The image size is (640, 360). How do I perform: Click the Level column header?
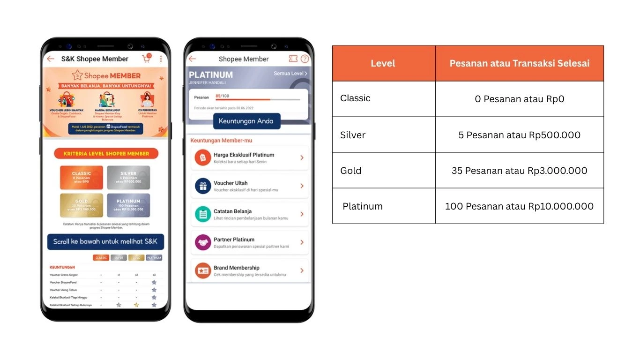coord(383,63)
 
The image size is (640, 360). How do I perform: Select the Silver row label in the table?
coord(353,135)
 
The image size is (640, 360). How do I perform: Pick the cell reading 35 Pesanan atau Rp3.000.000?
coord(519,171)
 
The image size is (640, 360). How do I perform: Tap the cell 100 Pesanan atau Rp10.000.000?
coord(519,206)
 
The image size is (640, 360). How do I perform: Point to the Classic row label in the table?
coord(355,98)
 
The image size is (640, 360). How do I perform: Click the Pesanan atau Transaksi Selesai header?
coord(519,63)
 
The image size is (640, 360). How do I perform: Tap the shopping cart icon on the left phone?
coord(147,59)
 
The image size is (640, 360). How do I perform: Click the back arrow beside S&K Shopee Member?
coord(51,59)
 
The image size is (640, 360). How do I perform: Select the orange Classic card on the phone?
coord(82,177)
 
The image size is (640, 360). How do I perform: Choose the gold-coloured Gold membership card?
coord(82,205)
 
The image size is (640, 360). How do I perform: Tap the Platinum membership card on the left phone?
coord(128,205)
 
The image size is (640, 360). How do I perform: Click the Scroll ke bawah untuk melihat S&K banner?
coord(105,242)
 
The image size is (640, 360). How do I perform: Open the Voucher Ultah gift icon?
coord(203,186)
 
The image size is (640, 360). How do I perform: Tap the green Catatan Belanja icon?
coord(203,214)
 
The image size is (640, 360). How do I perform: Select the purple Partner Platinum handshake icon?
coord(203,242)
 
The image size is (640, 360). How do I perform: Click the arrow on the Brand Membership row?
coord(302,270)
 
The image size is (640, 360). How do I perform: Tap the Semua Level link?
coord(290,74)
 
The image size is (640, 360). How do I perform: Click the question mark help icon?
coord(305,59)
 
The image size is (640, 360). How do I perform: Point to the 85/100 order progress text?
coord(222,96)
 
